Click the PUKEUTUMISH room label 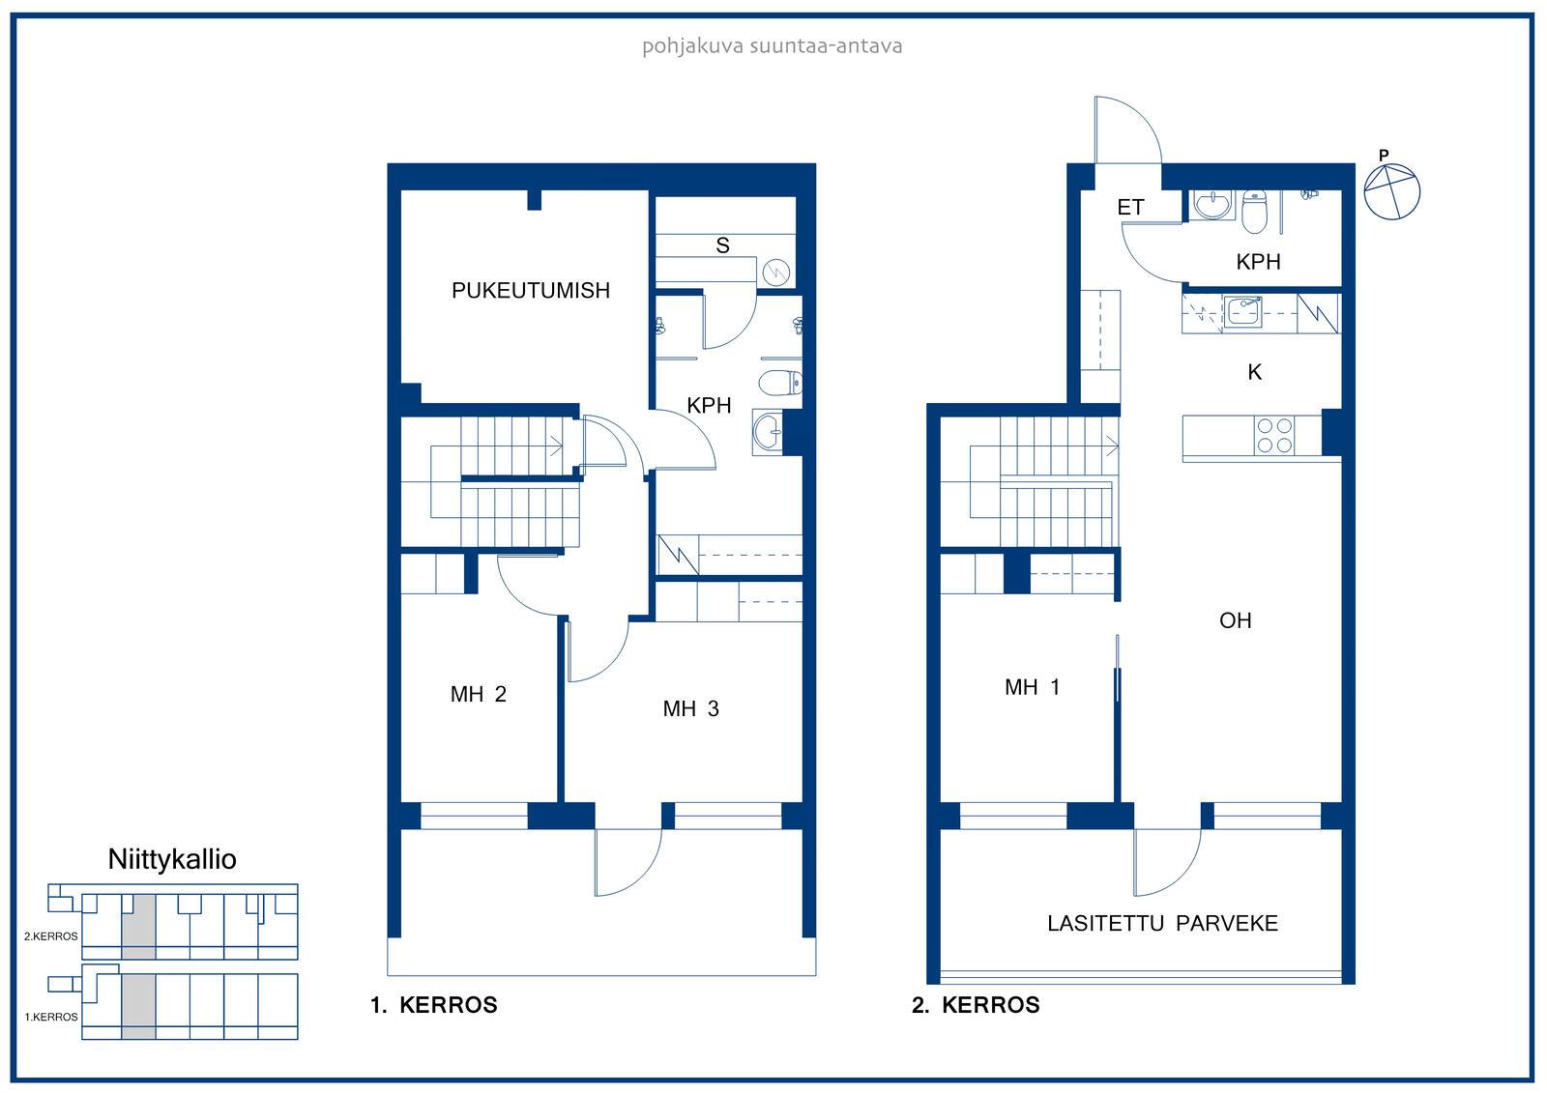click(x=531, y=291)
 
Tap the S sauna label click(x=722, y=245)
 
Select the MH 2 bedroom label click(x=478, y=694)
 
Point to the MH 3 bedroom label click(x=690, y=708)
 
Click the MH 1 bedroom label click(x=1032, y=687)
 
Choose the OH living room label click(x=1235, y=620)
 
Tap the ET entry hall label click(x=1130, y=207)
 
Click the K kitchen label click(x=1255, y=373)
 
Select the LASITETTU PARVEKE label click(x=1162, y=924)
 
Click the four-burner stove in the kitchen click(x=1274, y=436)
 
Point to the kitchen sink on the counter click(x=1242, y=312)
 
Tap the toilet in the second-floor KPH click(x=1254, y=212)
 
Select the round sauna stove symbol click(x=776, y=273)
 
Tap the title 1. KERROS click(x=434, y=1005)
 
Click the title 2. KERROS click(x=976, y=1005)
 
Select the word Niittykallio click(x=172, y=860)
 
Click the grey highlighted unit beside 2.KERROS click(x=138, y=927)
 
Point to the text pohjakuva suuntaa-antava click(x=773, y=46)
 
